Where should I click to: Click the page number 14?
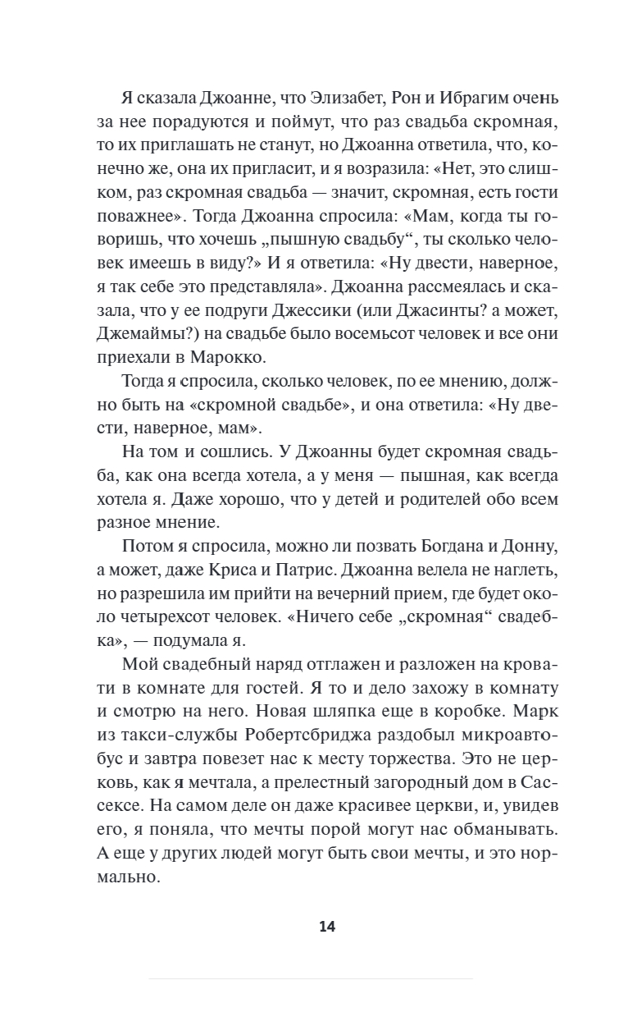(x=327, y=927)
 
